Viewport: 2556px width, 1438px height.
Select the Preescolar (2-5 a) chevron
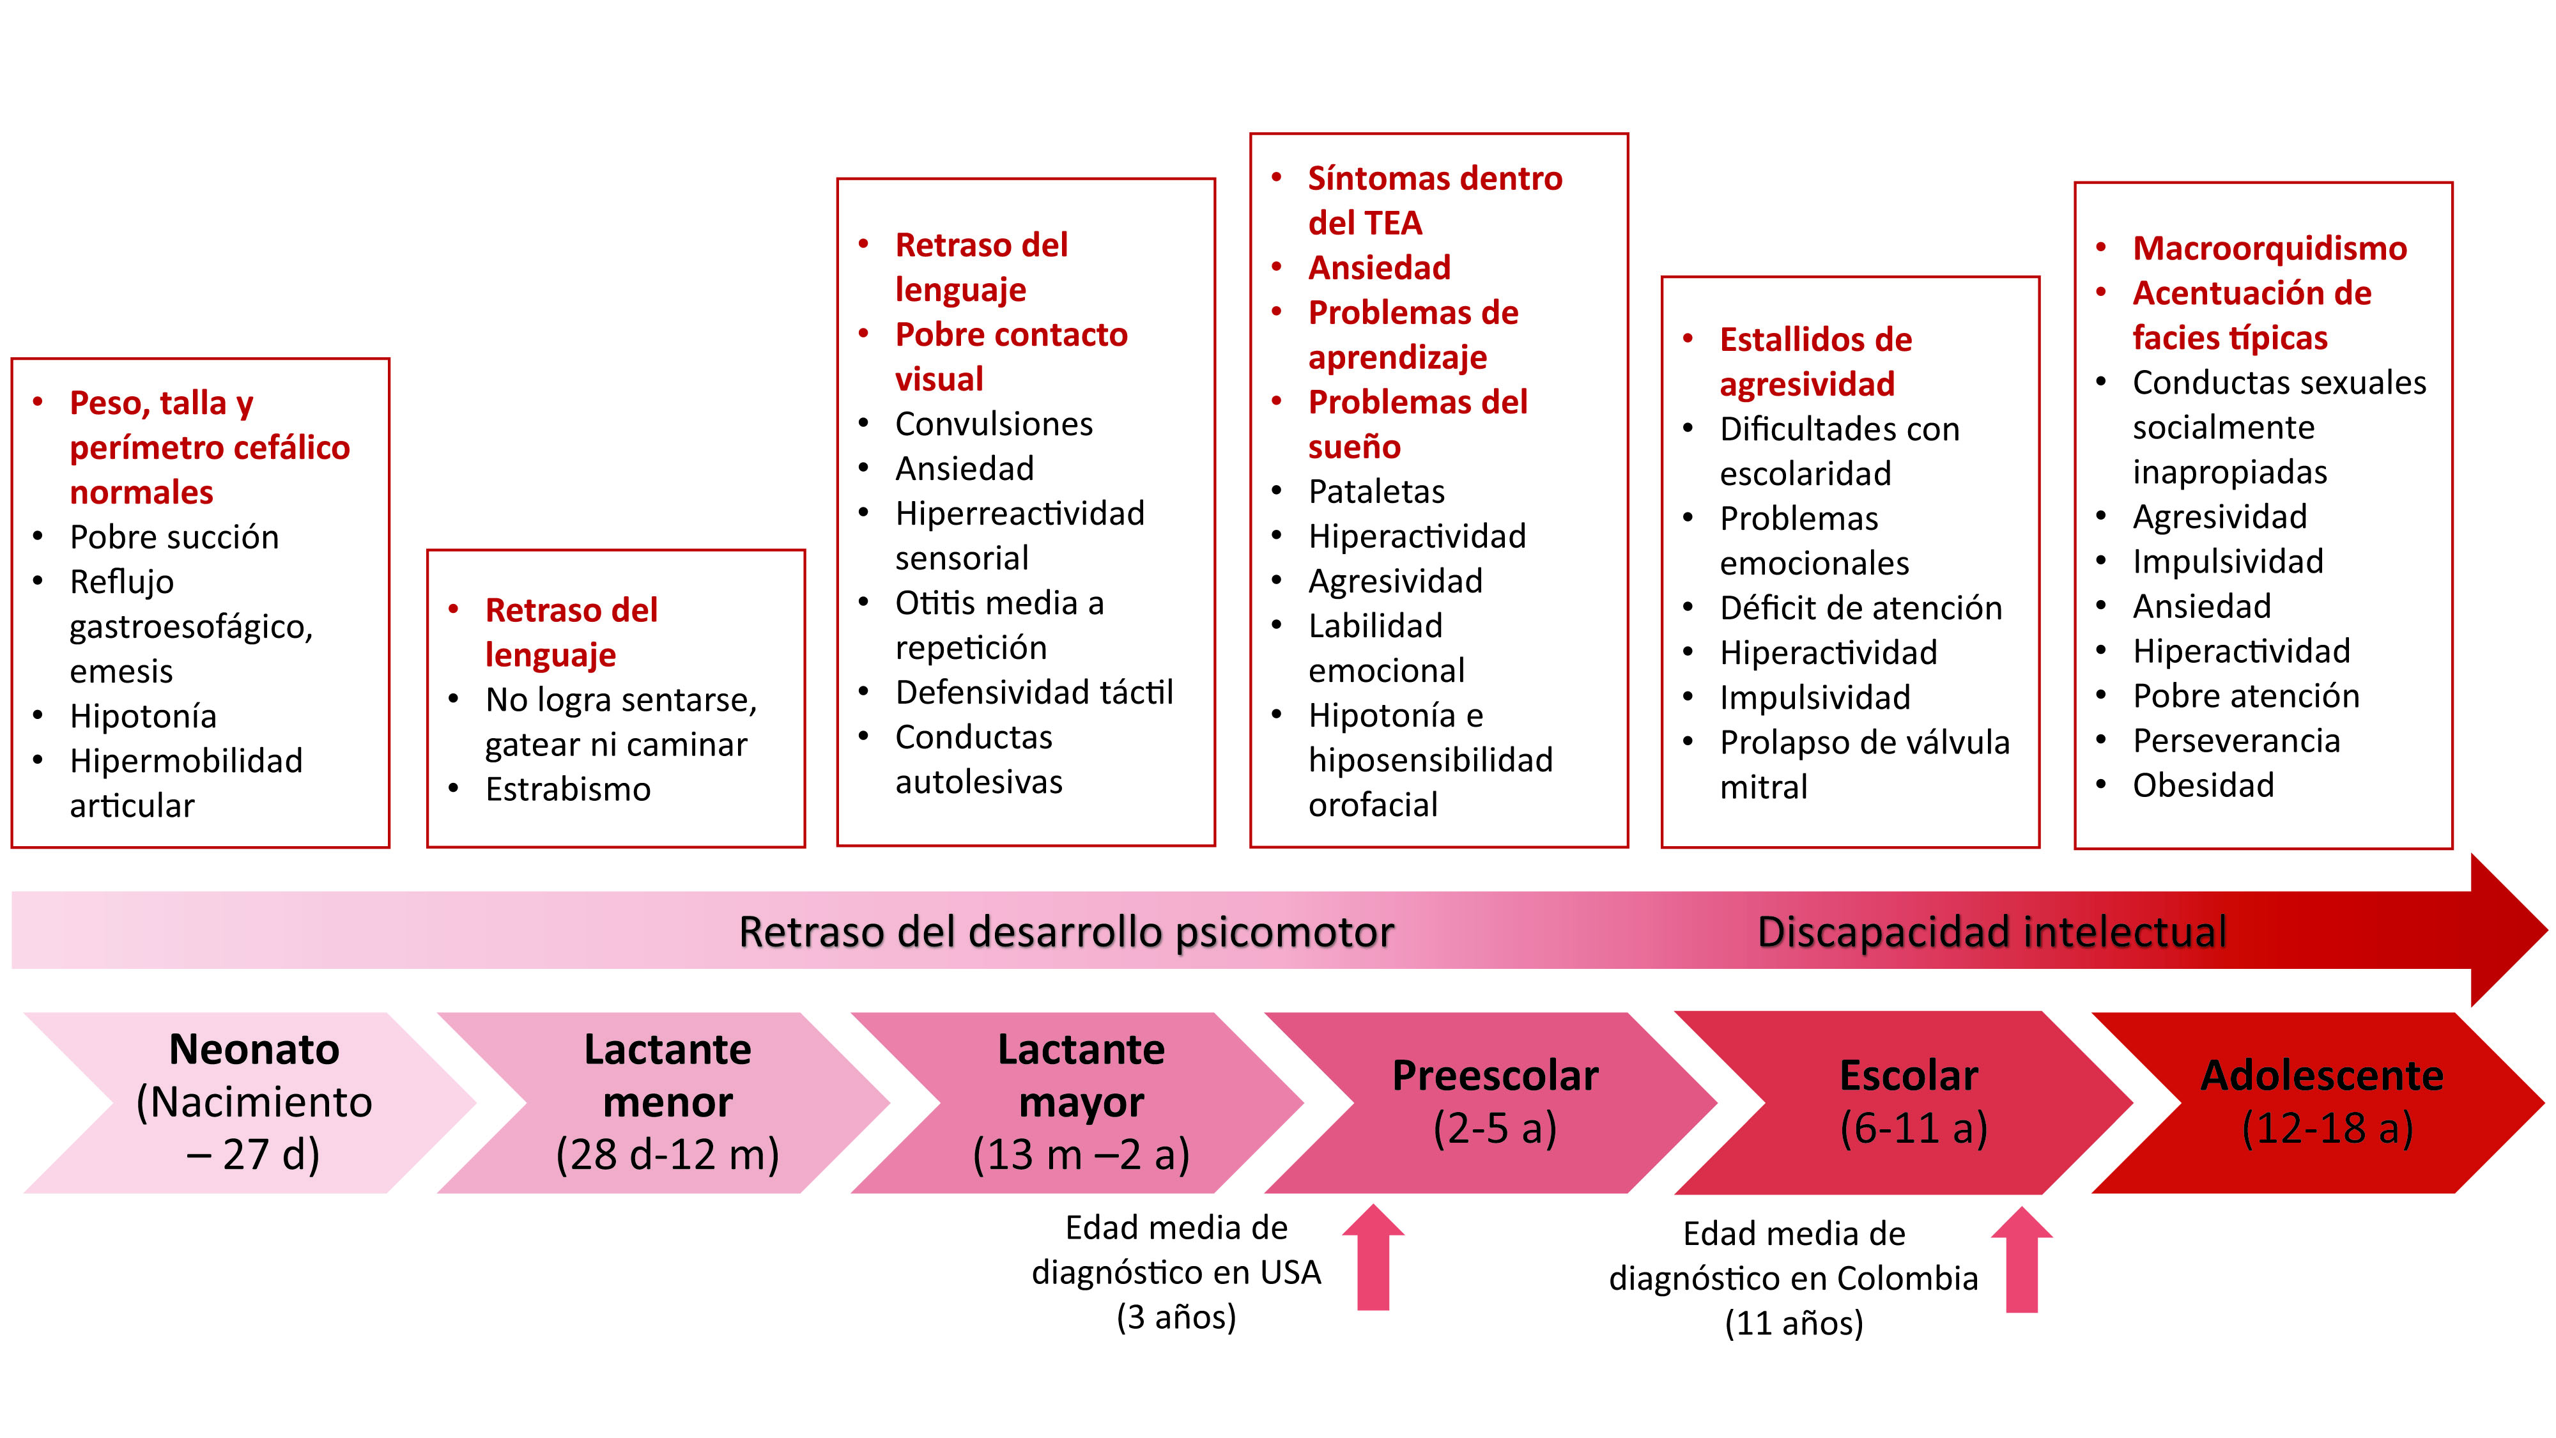pyautogui.click(x=1495, y=1102)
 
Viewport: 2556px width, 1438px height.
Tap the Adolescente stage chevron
pyautogui.click(x=2322, y=1102)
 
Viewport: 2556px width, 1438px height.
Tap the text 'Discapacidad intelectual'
pyautogui.click(x=1991, y=932)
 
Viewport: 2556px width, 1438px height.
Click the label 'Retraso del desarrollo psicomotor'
pyautogui.click(x=1066, y=932)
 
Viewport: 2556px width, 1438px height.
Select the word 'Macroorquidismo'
pyautogui.click(x=2269, y=248)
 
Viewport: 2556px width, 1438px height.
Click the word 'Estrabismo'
pyautogui.click(x=567, y=789)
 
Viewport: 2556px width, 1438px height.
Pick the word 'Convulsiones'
pyautogui.click(x=993, y=424)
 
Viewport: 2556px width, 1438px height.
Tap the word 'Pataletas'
pyautogui.click(x=1376, y=491)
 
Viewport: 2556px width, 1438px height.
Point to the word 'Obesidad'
pyautogui.click(x=2203, y=785)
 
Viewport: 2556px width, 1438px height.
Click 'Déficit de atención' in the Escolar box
pyautogui.click(x=1860, y=607)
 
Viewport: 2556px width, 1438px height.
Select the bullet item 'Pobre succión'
pyautogui.click(x=174, y=537)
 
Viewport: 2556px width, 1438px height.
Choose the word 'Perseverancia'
pyautogui.click(x=2235, y=740)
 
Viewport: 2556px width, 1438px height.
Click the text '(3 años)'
pyautogui.click(x=1176, y=1317)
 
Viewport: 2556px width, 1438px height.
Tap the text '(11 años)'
pyautogui.click(x=1793, y=1323)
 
